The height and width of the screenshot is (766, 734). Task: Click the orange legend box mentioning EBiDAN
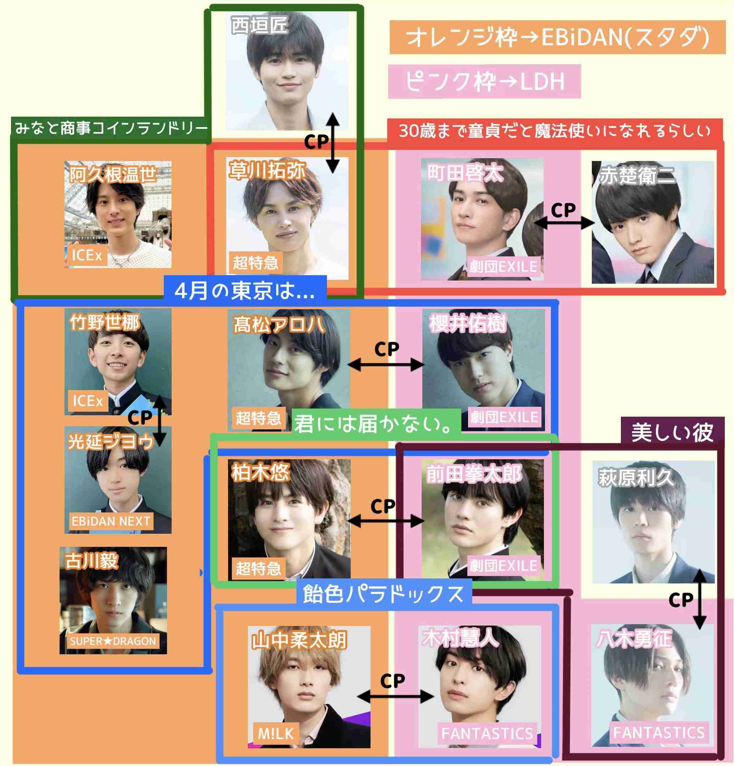click(x=557, y=37)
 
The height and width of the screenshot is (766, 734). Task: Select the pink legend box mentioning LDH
click(x=484, y=81)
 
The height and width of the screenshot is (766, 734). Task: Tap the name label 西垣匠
click(x=260, y=26)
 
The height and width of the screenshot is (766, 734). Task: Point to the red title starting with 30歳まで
click(x=555, y=131)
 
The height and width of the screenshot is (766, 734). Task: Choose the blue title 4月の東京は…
click(x=245, y=291)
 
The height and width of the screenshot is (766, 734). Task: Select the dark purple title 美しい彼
click(x=672, y=432)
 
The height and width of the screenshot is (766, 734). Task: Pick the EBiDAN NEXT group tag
click(x=111, y=521)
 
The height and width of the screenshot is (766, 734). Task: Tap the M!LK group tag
click(x=276, y=734)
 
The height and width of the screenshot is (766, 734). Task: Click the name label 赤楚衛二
click(x=638, y=176)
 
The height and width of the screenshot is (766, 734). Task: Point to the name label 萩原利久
click(x=636, y=478)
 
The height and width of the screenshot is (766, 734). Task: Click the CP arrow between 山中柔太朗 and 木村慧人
click(x=395, y=696)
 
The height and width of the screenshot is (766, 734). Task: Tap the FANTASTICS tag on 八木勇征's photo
click(x=659, y=733)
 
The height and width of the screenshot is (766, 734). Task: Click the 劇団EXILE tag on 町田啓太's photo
click(x=504, y=267)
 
